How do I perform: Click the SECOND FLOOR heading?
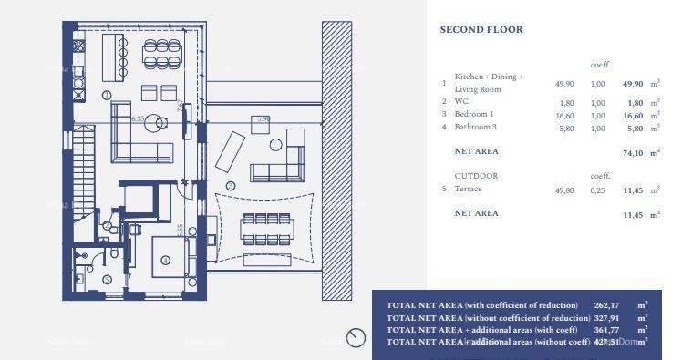coord(481,30)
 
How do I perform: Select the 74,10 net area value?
coord(633,153)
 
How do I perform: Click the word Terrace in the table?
coord(468,189)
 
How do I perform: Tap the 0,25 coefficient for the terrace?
coord(598,190)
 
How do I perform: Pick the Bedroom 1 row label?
coord(474,115)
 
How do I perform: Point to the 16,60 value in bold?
coord(633,116)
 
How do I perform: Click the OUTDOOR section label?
coord(476,175)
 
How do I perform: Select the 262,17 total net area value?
coord(606,305)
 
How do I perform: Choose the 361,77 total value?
coord(606,329)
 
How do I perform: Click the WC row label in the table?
coord(461,102)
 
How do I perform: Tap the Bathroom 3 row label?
coord(475,128)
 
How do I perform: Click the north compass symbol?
coord(356,338)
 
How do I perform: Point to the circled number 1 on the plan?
coord(107,95)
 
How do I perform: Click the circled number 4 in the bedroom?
coord(165,260)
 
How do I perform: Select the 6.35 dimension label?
coord(138,118)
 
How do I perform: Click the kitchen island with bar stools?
coord(114,56)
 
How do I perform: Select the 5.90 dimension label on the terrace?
coord(263,118)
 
